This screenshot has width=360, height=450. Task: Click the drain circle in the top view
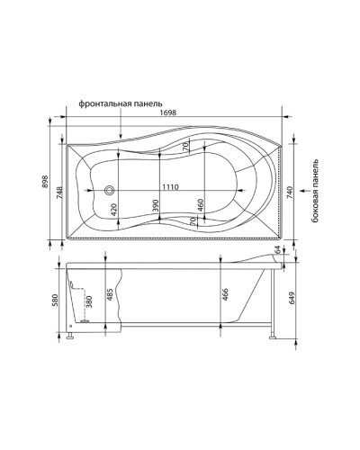tap(110, 190)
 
